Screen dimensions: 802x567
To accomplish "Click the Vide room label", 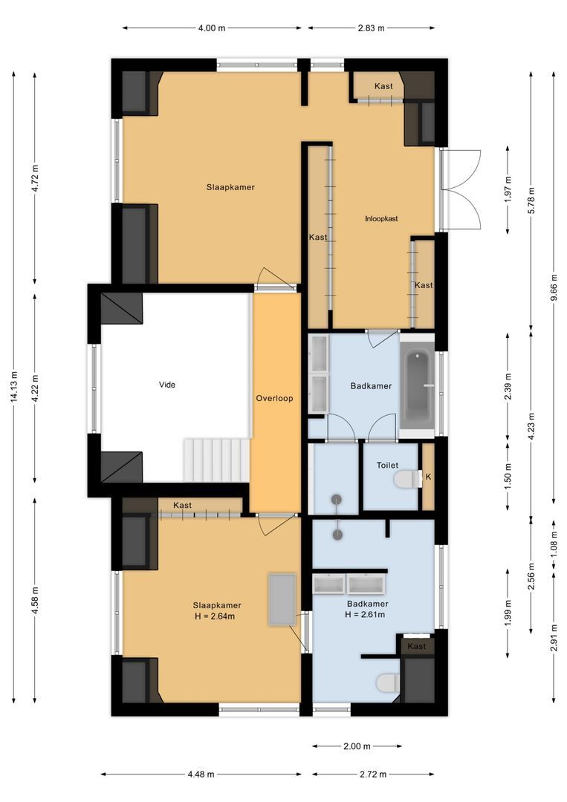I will pyautogui.click(x=167, y=385).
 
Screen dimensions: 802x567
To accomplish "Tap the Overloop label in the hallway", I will pyautogui.click(x=274, y=398).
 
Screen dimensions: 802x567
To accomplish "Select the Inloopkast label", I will pyautogui.click(x=381, y=218).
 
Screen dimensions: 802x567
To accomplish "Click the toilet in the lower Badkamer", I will pyautogui.click(x=386, y=682).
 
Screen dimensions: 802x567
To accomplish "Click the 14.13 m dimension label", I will pyautogui.click(x=14, y=387).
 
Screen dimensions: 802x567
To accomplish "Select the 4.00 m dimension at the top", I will pyautogui.click(x=212, y=28).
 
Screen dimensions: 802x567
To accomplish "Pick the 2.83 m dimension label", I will pyautogui.click(x=371, y=28).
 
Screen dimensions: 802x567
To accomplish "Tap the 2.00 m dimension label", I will pyautogui.click(x=357, y=746).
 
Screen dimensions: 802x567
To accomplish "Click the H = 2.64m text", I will pyautogui.click(x=217, y=616).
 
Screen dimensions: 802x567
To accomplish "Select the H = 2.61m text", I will pyautogui.click(x=366, y=615).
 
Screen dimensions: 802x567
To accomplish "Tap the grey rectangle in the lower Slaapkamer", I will pyautogui.click(x=283, y=599).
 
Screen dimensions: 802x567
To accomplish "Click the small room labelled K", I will pyautogui.click(x=428, y=477).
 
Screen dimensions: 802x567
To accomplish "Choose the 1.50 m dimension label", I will pyautogui.click(x=508, y=473).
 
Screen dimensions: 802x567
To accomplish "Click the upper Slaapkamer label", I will pyautogui.click(x=230, y=187).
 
